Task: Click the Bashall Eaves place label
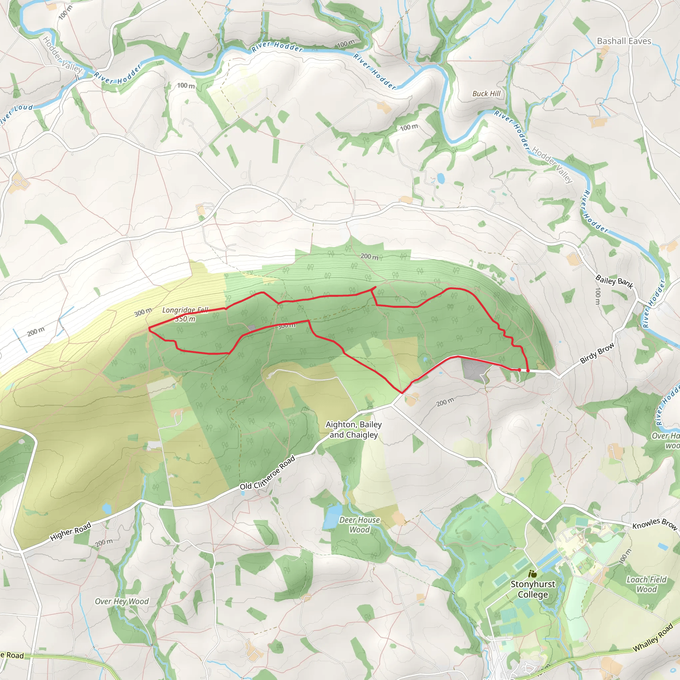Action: (x=624, y=41)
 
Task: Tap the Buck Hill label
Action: (x=486, y=94)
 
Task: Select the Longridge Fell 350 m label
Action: (x=185, y=314)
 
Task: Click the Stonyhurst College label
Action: (x=533, y=589)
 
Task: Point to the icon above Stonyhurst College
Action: (x=533, y=574)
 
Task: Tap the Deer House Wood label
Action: (x=359, y=525)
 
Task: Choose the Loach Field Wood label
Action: (x=646, y=584)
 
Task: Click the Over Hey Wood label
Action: (x=122, y=601)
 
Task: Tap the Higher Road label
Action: (x=71, y=532)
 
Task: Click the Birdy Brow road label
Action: (x=597, y=353)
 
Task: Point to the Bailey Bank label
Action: (x=614, y=282)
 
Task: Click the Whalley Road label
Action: (x=653, y=637)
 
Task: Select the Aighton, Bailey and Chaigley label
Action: (x=353, y=430)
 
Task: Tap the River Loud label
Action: (x=16, y=114)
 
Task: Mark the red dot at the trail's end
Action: (x=528, y=370)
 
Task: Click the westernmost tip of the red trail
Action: (x=149, y=328)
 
